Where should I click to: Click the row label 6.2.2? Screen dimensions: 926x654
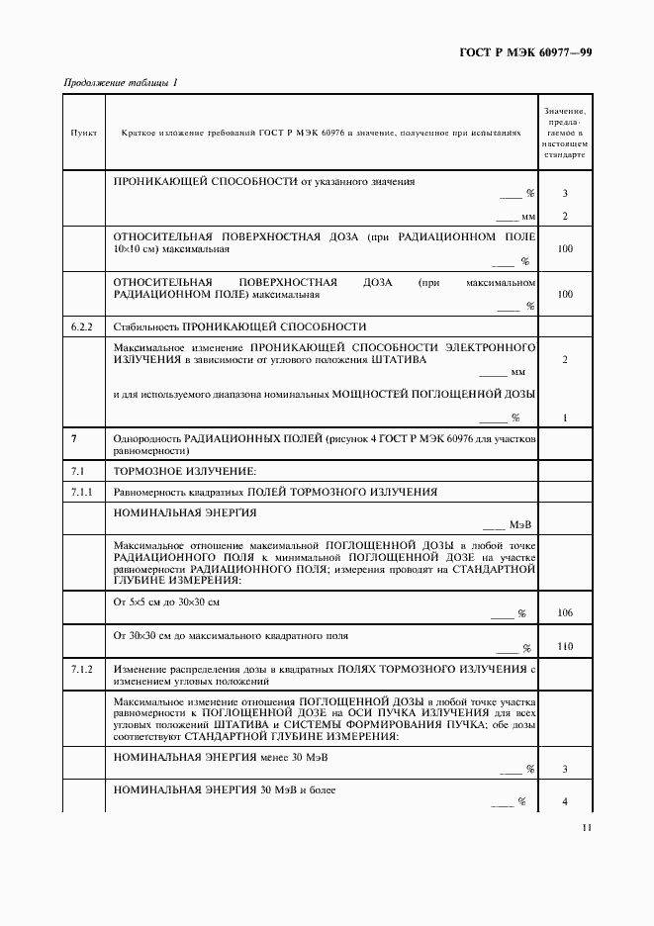click(x=82, y=326)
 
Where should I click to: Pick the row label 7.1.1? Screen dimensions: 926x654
click(x=82, y=492)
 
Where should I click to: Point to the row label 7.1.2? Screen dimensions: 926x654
click(x=82, y=670)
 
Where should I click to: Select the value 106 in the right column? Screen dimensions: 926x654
click(x=565, y=613)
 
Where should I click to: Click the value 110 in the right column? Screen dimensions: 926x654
click(x=565, y=646)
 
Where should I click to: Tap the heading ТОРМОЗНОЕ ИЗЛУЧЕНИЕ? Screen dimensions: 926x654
click(x=185, y=470)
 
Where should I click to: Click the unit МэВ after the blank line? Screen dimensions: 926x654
click(x=521, y=526)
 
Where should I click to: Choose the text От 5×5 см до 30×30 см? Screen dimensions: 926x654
click(x=166, y=602)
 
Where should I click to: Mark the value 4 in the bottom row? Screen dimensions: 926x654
click(x=565, y=801)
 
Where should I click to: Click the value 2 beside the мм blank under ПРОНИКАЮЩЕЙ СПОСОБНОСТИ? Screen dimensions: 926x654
click(x=565, y=216)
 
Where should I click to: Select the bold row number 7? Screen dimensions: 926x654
click(x=74, y=437)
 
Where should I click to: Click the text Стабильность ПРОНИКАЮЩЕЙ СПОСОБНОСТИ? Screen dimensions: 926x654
click(x=240, y=326)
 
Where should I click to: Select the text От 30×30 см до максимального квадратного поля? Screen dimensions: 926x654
click(x=231, y=634)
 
